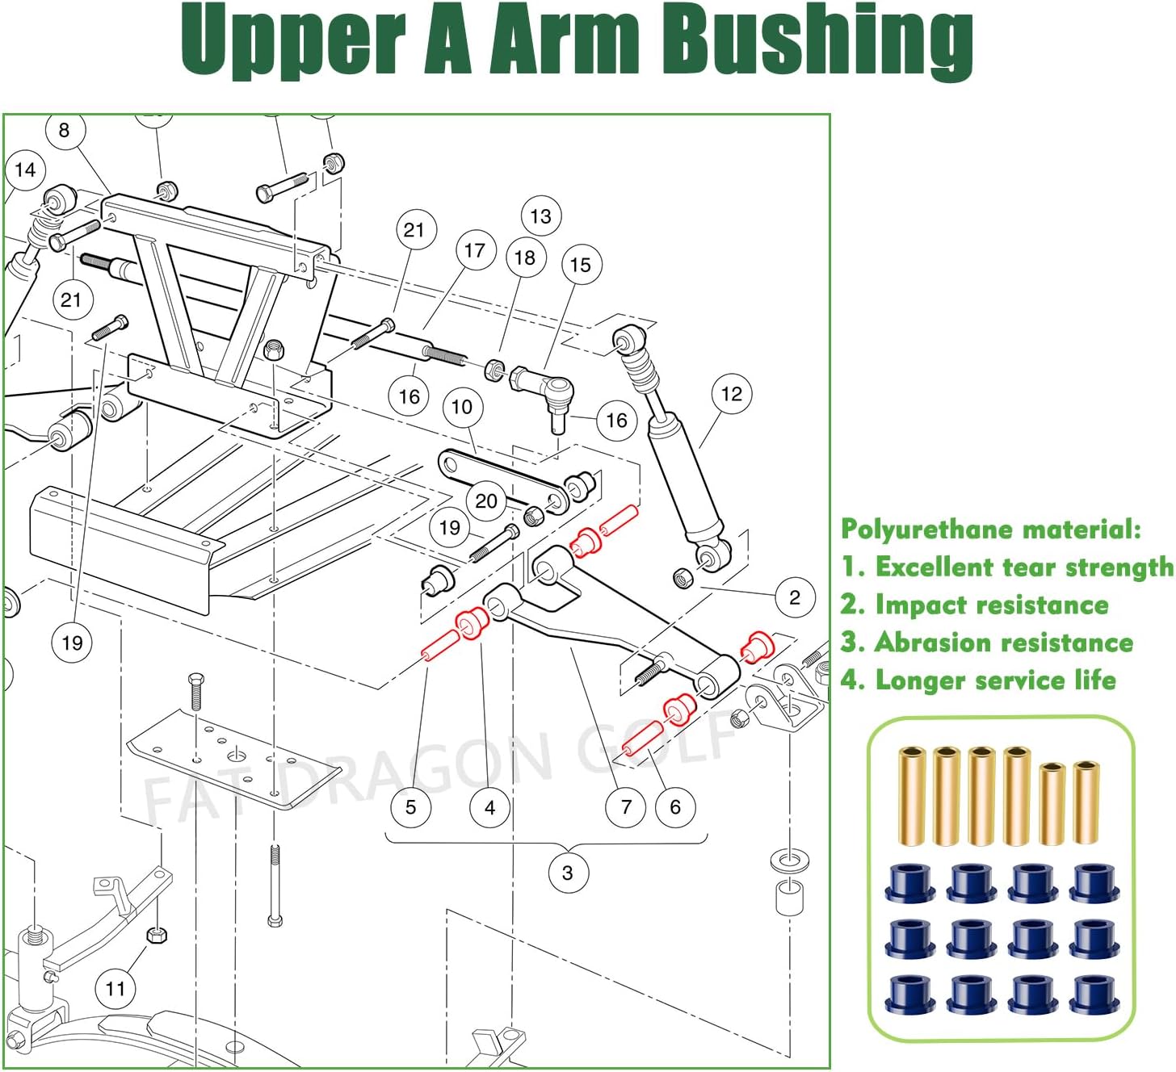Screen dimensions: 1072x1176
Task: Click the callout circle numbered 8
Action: coord(65,130)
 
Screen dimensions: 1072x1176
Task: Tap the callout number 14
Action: coord(25,170)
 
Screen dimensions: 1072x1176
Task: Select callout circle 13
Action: coord(541,216)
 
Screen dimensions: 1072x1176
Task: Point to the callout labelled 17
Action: coord(475,251)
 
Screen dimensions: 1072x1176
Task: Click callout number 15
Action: coord(581,265)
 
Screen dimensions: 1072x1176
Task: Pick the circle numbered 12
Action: coord(732,394)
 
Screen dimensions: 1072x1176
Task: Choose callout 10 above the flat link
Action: coord(462,407)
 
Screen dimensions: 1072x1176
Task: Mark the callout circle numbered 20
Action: coord(486,501)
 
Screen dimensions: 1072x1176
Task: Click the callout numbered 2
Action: coord(795,597)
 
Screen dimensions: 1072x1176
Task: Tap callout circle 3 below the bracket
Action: coord(568,873)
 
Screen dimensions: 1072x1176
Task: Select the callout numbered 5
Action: coord(411,807)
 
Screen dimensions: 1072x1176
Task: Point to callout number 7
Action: coord(626,807)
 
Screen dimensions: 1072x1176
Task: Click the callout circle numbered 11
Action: coord(115,989)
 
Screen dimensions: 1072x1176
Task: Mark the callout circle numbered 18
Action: coord(525,258)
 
